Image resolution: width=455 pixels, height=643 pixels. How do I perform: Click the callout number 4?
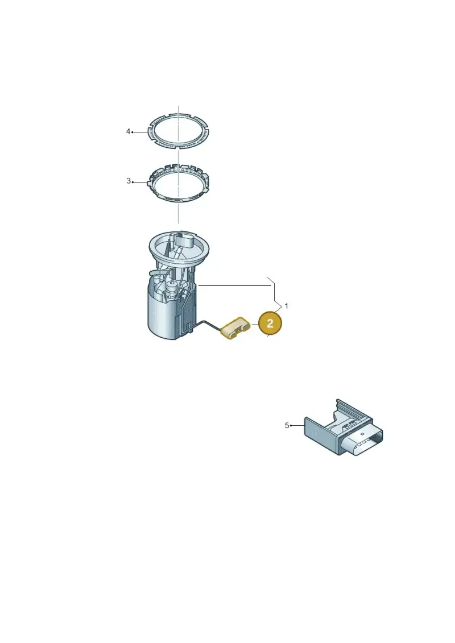click(x=128, y=132)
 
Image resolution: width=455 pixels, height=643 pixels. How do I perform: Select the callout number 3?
click(x=129, y=181)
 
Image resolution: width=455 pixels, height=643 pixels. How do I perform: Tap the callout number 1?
click(x=287, y=306)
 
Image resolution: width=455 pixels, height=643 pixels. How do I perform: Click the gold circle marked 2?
click(x=270, y=323)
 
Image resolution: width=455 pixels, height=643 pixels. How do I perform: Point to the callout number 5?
click(x=287, y=426)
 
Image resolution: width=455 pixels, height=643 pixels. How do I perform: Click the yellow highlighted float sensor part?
click(x=236, y=327)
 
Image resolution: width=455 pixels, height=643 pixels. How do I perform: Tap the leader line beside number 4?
click(x=139, y=132)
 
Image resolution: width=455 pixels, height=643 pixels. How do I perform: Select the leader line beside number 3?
click(x=140, y=182)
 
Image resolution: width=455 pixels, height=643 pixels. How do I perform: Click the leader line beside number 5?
click(x=297, y=426)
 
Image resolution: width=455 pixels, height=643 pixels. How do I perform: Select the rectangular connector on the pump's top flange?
click(x=189, y=239)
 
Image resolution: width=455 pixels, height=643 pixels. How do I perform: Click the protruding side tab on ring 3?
click(x=150, y=181)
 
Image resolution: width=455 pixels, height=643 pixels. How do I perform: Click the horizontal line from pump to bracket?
click(x=233, y=285)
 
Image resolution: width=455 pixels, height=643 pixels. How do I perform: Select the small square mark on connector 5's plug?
click(x=362, y=434)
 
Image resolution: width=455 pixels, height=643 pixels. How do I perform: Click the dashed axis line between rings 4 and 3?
click(x=179, y=155)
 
